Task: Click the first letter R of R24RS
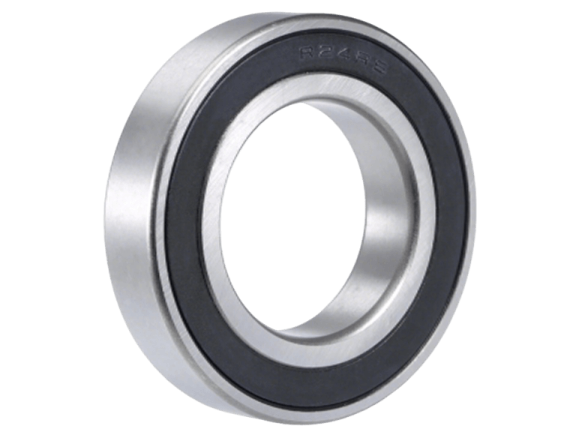[x=307, y=53]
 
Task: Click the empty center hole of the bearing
[x=300, y=225]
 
